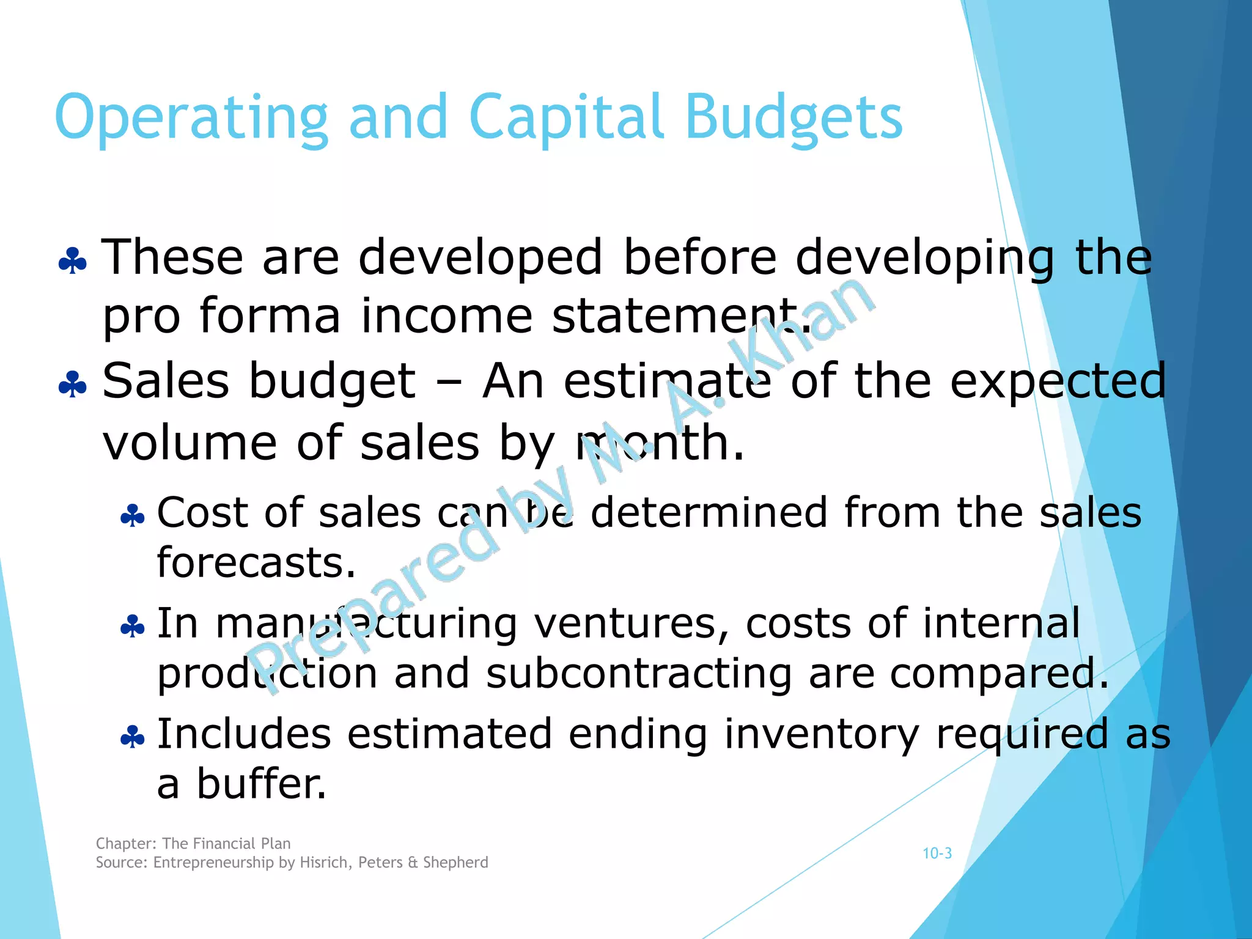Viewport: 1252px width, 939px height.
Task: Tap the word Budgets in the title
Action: point(794,118)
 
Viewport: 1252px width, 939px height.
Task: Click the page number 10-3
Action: point(937,853)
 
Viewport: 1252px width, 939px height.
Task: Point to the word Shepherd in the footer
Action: point(455,863)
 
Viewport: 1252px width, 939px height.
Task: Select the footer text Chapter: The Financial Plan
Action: point(193,844)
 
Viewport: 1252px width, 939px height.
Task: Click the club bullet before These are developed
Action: point(73,261)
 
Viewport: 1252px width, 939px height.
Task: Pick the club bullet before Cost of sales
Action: point(133,517)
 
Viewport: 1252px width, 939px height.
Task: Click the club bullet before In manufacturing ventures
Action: point(133,627)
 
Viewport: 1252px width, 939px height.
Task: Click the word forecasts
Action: point(256,562)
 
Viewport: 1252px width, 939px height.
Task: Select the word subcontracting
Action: point(639,674)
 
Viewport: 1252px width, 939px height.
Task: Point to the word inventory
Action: point(821,734)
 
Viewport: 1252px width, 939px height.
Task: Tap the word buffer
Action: point(261,784)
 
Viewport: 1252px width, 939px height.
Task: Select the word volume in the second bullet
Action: point(190,443)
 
